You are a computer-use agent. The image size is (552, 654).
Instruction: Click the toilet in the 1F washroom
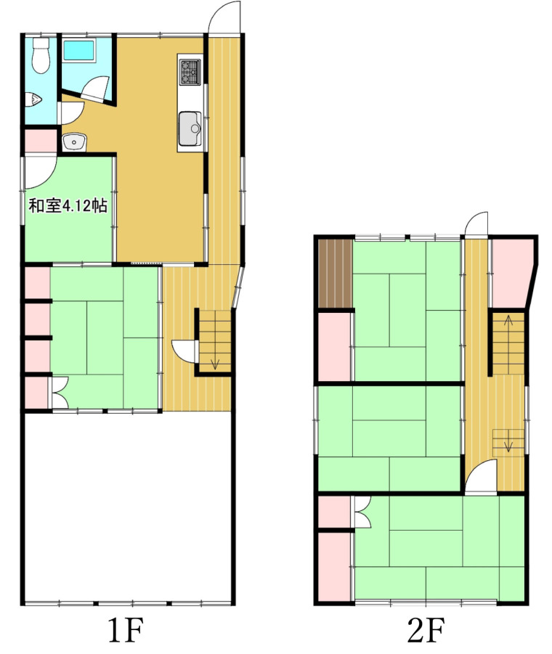coord(41,55)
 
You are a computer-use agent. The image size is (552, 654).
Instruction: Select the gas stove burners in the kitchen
coord(190,72)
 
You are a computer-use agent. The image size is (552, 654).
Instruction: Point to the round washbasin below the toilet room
coord(74,143)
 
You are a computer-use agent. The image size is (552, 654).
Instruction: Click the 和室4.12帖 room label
coord(68,205)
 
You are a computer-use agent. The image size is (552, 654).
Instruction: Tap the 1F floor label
coord(125,631)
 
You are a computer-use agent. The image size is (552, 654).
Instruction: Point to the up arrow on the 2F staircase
coord(508,321)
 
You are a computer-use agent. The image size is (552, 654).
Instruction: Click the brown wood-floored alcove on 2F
coord(336,274)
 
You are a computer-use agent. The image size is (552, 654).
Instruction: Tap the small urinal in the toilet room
coord(33,99)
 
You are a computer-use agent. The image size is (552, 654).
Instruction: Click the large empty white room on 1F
coord(127,507)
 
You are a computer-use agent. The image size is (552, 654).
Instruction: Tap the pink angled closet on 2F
coord(511,274)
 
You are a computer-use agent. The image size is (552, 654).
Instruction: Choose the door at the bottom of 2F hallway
coord(481,475)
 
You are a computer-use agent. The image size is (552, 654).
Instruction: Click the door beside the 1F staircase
coord(184,350)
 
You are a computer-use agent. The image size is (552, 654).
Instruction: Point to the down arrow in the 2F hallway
coord(508,444)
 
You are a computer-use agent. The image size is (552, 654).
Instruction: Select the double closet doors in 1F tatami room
coord(60,393)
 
